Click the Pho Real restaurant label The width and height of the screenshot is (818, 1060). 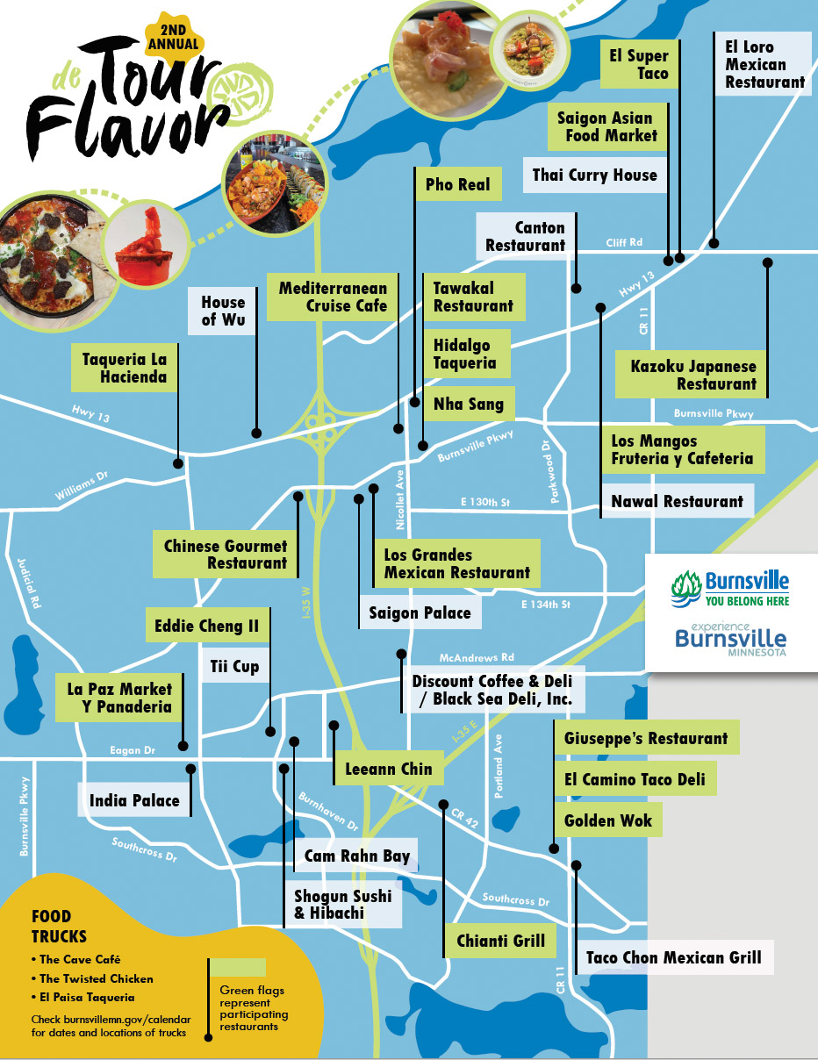pos(458,185)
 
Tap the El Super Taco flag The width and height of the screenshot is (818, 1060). pos(639,65)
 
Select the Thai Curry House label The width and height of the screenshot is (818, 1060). pos(594,175)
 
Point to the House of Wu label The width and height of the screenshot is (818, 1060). pos(223,312)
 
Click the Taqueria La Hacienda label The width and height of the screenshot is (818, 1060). pos(124,368)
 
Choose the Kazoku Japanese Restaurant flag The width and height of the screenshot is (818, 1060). pos(692,375)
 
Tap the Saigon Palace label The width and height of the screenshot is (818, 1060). pos(420,612)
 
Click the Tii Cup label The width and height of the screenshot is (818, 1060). pos(233,667)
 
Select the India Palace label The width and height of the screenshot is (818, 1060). pos(134,800)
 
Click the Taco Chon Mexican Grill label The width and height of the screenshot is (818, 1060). pos(673,957)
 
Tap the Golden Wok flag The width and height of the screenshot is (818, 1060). pos(608,820)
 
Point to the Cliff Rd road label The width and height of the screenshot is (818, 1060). pos(624,242)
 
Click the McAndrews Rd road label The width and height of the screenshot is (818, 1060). pos(477,657)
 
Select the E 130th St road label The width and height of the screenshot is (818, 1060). pos(485,503)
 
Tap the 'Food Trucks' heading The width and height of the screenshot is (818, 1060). pos(59,927)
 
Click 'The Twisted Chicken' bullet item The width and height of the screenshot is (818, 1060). pos(96,978)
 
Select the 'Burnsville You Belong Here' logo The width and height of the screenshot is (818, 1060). pos(730,588)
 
